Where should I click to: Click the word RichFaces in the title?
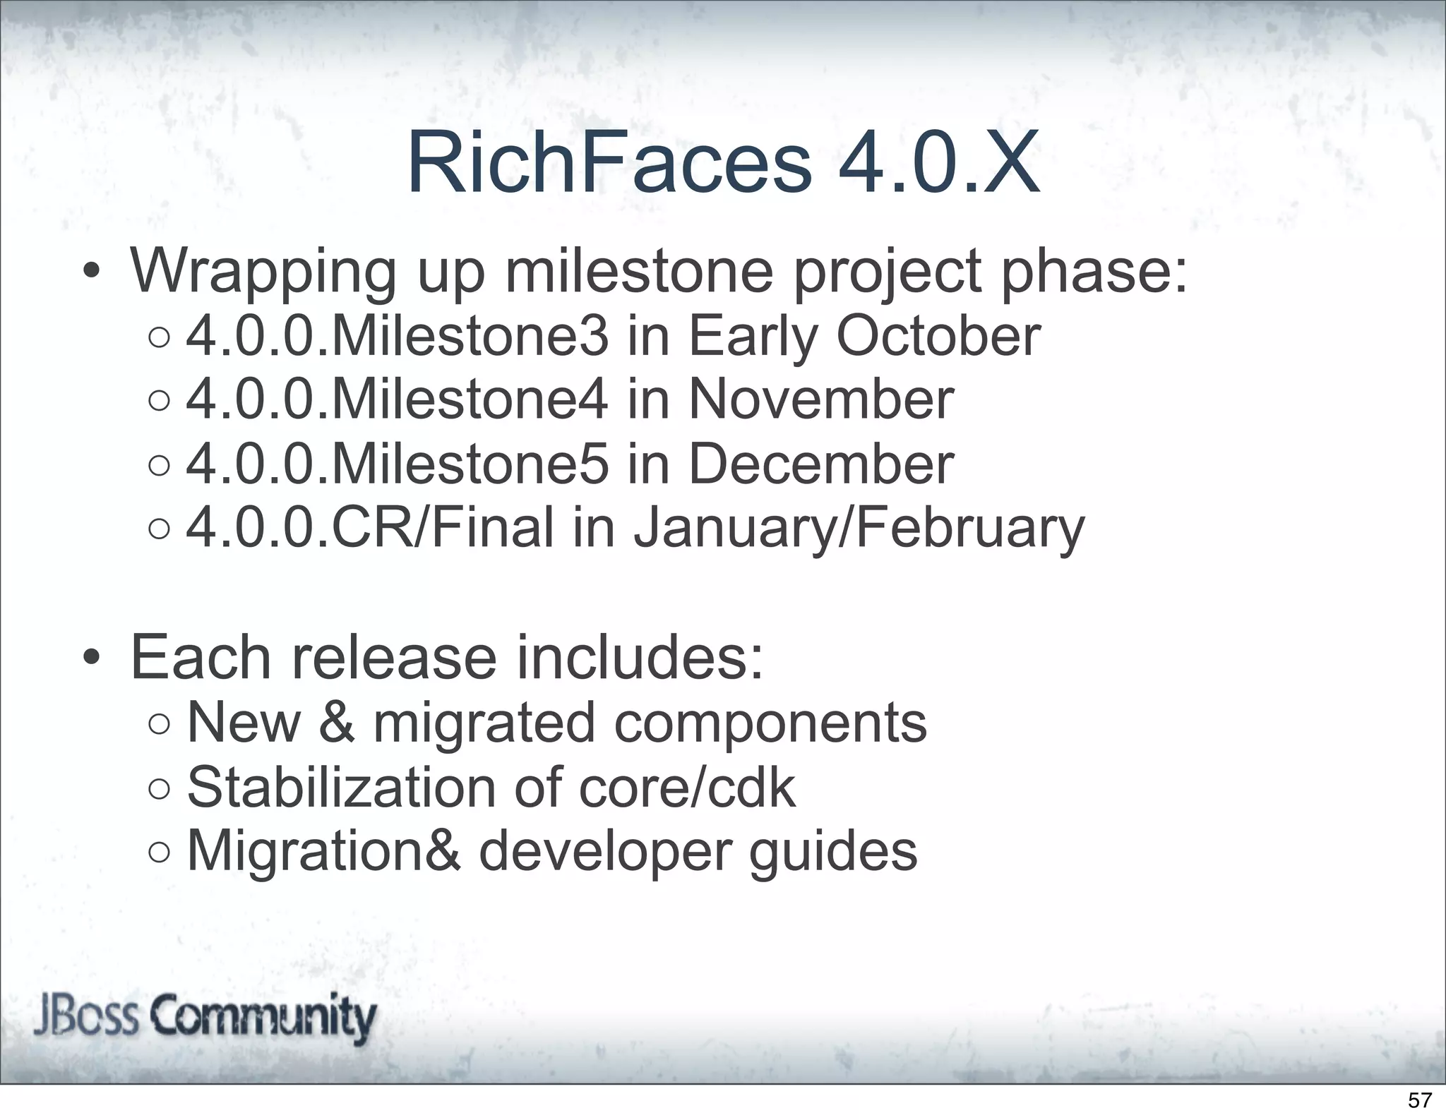(x=609, y=164)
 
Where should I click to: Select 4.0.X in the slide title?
(x=938, y=164)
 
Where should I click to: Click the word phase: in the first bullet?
(x=1094, y=272)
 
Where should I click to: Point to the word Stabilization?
(x=342, y=788)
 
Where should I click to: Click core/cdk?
(x=686, y=788)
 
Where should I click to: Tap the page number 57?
(x=1420, y=1100)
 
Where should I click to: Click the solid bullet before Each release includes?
(x=90, y=658)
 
